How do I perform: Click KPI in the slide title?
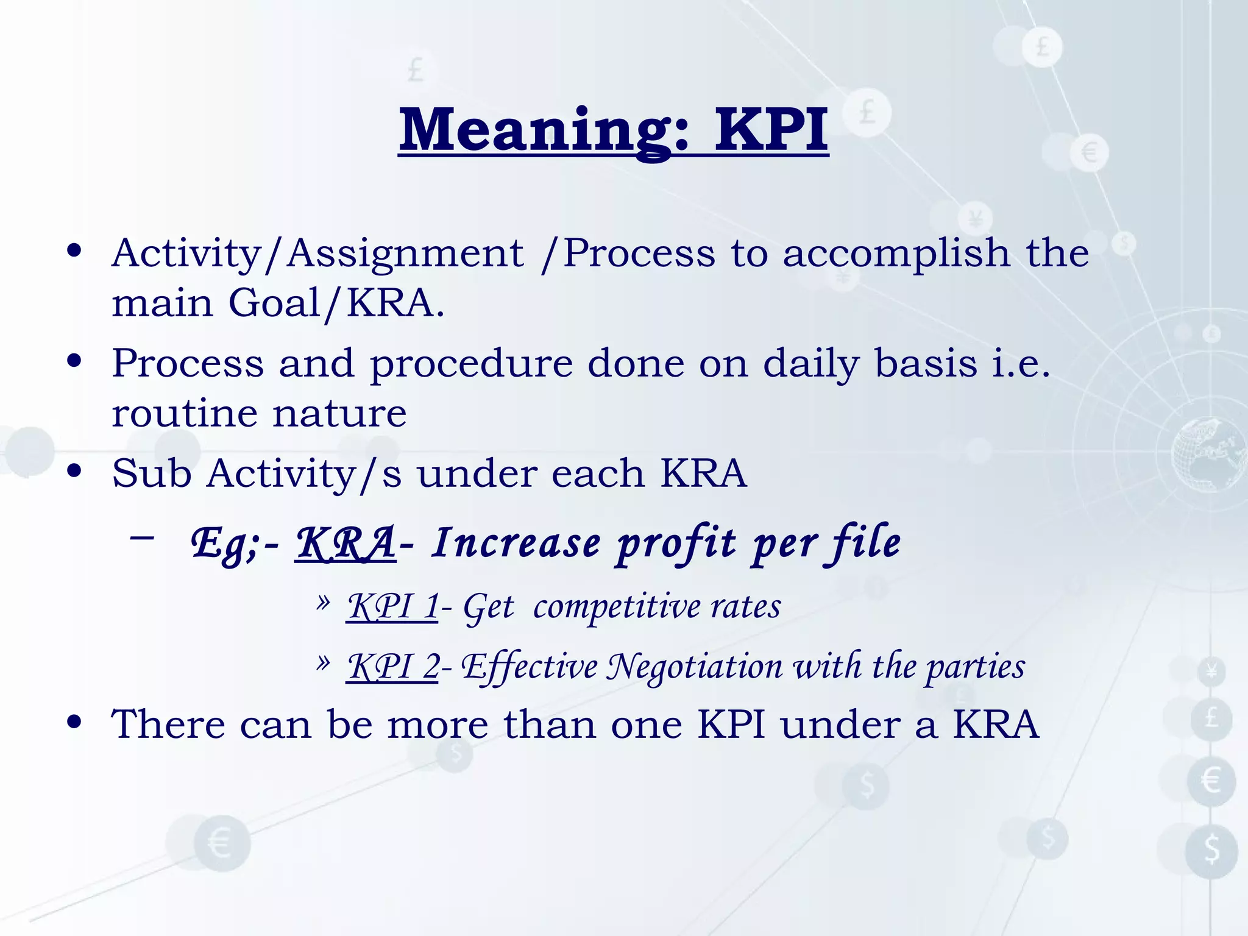coord(771,130)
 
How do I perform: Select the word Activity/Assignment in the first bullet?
coord(317,253)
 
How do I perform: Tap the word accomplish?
coord(896,253)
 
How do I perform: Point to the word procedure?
coord(471,364)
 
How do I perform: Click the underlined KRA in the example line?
coord(346,543)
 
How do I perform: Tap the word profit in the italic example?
coord(676,543)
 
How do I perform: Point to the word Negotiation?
coord(694,667)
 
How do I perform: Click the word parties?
coord(975,667)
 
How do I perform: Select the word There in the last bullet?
coord(168,725)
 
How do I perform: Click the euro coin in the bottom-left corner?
coord(222,844)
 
